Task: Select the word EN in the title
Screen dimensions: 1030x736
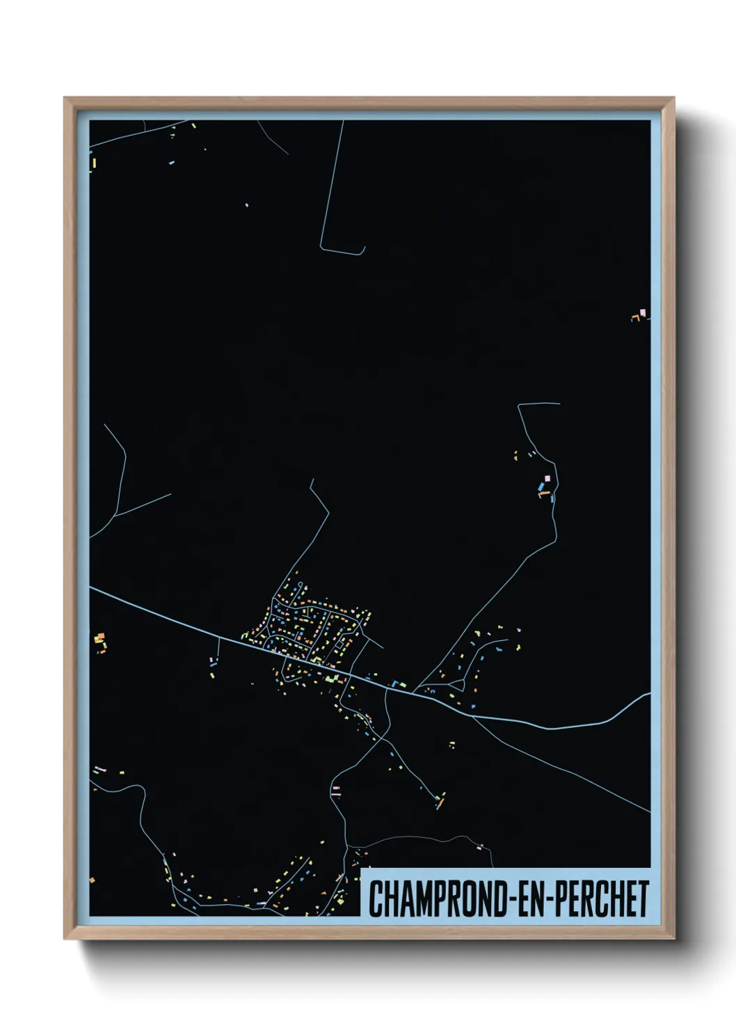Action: (x=529, y=899)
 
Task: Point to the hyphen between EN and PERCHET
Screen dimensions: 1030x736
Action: (x=548, y=900)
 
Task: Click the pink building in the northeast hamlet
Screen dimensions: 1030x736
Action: (x=547, y=478)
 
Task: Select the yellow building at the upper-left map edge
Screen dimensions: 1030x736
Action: (x=93, y=164)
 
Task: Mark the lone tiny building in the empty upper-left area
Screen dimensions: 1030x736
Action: (x=246, y=205)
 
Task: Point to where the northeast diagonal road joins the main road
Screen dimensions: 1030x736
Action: (x=415, y=691)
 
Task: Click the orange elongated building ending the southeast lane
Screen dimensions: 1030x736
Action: (x=440, y=802)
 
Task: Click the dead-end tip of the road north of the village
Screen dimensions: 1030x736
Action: (x=312, y=480)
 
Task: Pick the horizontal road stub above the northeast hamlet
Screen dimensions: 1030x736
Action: (x=540, y=404)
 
